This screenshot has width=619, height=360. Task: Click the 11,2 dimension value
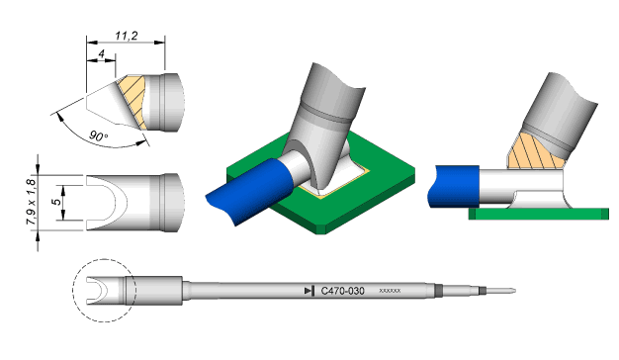click(x=127, y=36)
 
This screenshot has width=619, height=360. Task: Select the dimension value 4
click(x=102, y=53)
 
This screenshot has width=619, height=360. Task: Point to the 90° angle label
click(x=98, y=136)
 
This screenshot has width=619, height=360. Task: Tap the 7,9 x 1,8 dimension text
click(x=32, y=202)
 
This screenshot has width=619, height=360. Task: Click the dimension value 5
click(x=57, y=202)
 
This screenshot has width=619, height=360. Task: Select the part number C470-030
click(x=342, y=291)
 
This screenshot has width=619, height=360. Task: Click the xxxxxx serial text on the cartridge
click(x=390, y=291)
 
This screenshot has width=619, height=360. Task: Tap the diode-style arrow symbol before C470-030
click(x=309, y=291)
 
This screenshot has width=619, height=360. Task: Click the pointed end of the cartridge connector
click(x=515, y=291)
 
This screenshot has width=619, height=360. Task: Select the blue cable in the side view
click(x=454, y=186)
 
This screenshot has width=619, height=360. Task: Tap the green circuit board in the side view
click(x=539, y=214)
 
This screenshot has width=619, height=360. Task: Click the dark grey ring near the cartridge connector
click(x=437, y=291)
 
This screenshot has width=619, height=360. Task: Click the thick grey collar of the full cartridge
click(x=154, y=291)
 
